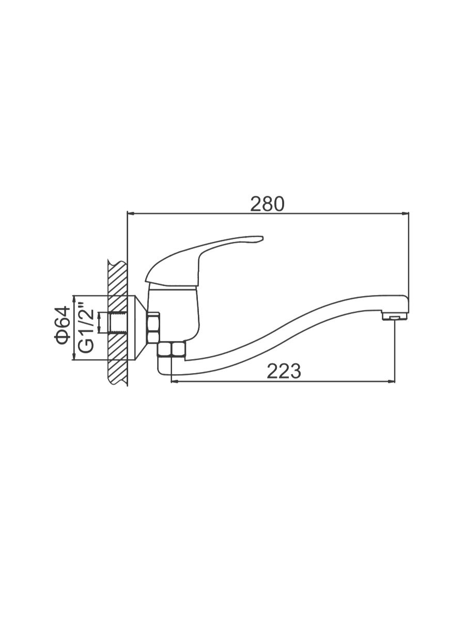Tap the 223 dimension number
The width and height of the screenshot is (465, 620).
(x=284, y=371)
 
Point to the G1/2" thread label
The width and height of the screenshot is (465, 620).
(x=85, y=328)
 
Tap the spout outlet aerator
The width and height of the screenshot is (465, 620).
(x=395, y=318)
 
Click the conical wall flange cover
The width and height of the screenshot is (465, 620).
(x=140, y=328)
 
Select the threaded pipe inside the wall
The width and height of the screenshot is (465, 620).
(x=117, y=322)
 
